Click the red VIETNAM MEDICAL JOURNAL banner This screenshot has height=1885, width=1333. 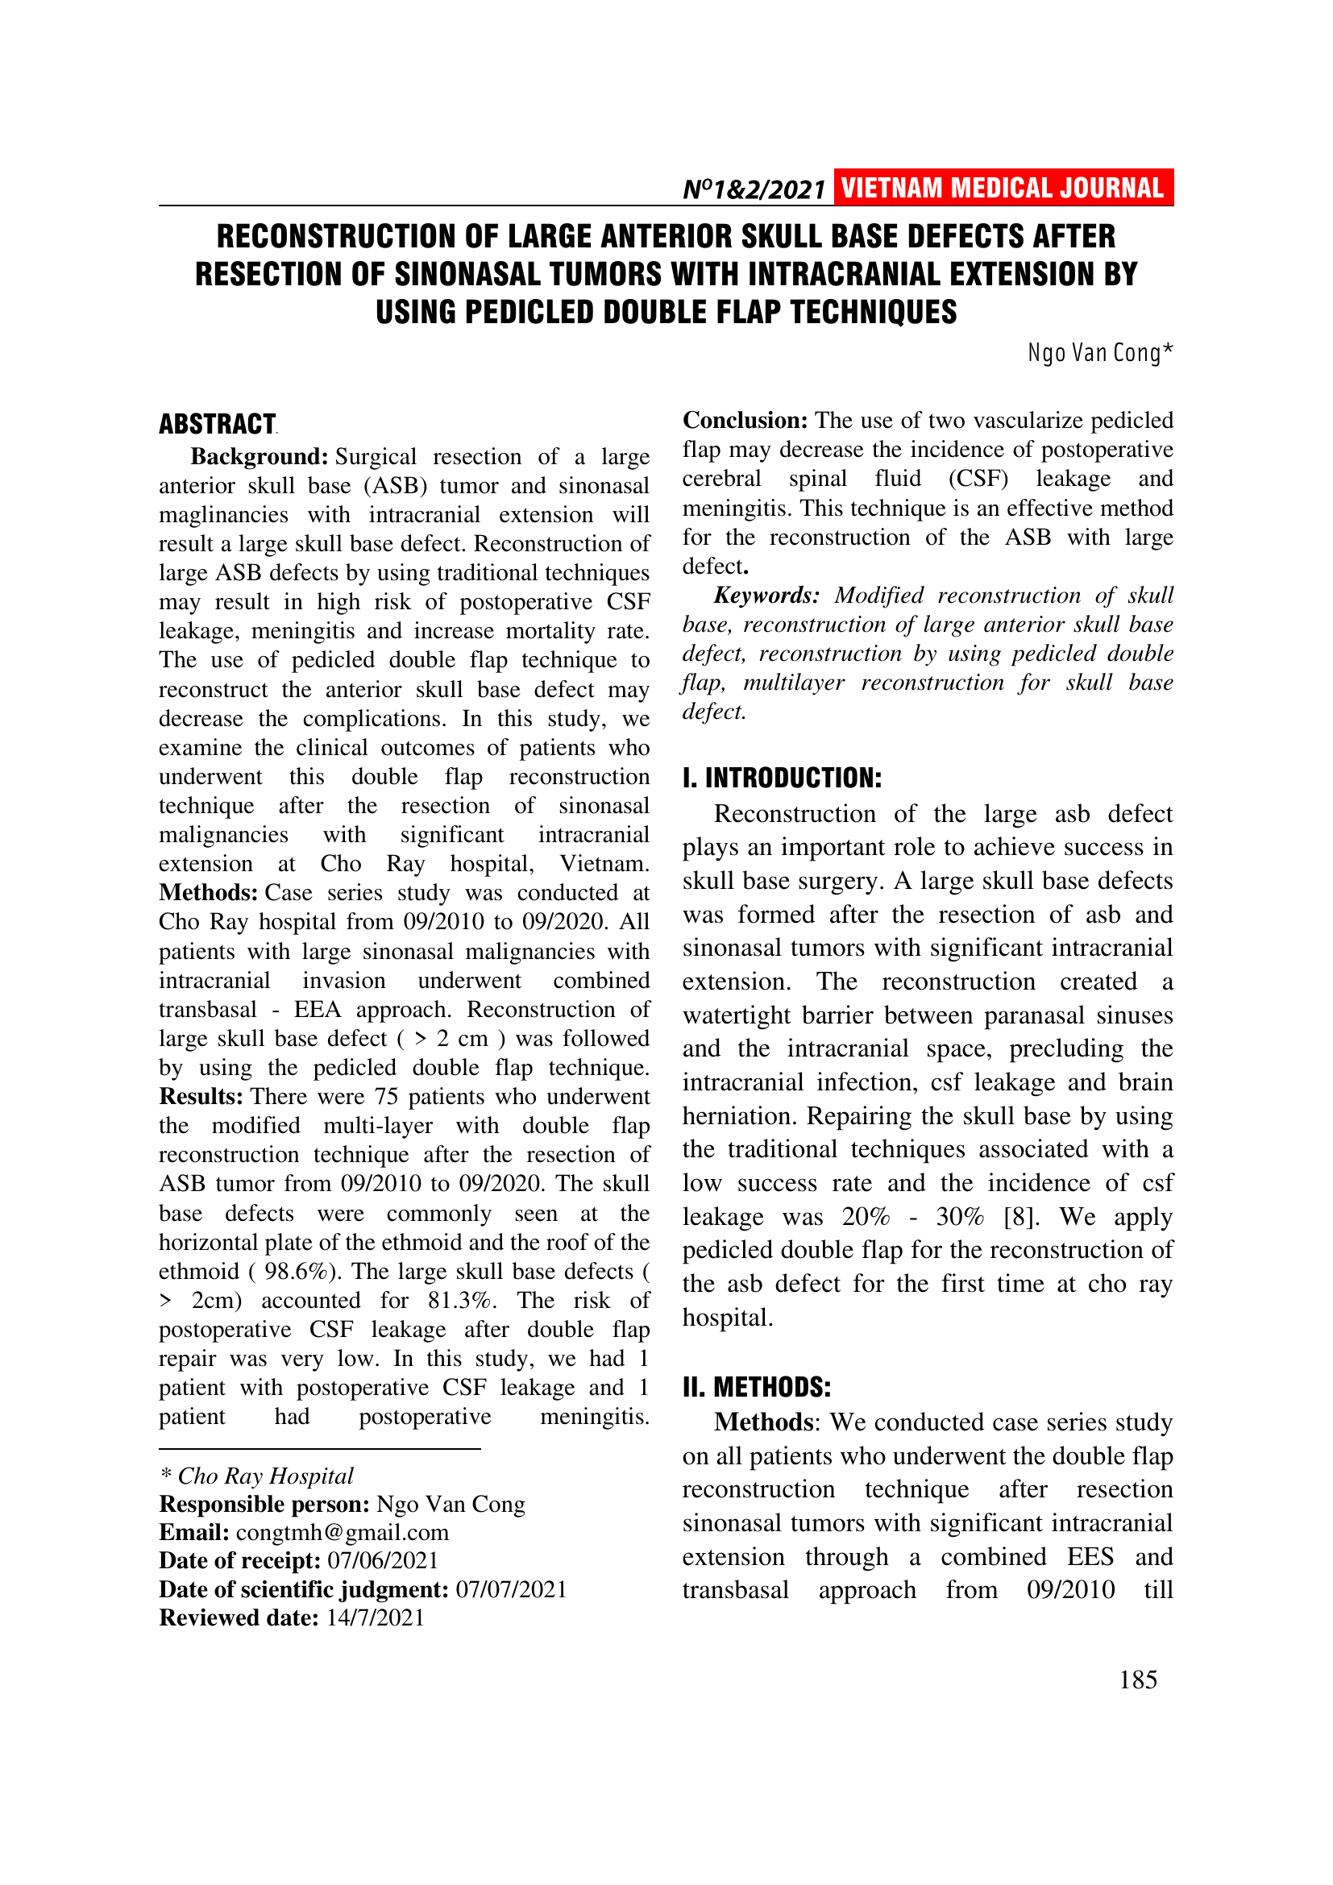tap(1003, 188)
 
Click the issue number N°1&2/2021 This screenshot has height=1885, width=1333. tap(754, 190)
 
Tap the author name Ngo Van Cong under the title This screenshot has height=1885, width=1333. tap(1099, 353)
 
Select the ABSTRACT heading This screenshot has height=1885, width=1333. tap(218, 425)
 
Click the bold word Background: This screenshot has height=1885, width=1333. tap(260, 456)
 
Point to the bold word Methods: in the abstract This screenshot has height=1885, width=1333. tap(209, 892)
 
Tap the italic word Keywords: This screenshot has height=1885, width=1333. tap(766, 596)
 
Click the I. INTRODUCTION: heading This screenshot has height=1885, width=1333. tap(782, 778)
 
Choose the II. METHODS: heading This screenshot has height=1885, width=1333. tap(756, 1387)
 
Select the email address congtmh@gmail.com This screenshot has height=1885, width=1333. tap(343, 1532)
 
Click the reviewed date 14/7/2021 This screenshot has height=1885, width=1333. tap(375, 1617)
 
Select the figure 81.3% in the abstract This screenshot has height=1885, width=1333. tap(462, 1301)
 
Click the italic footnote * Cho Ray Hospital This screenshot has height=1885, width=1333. tap(256, 1476)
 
